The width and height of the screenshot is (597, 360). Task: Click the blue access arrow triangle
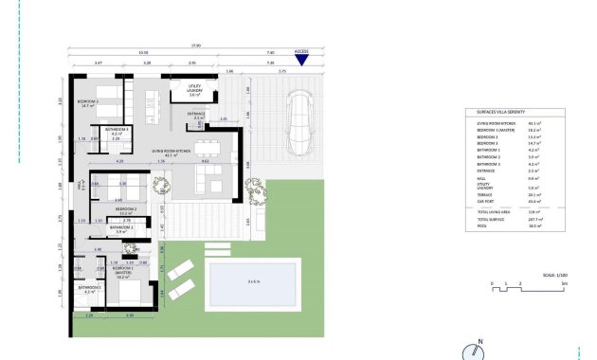click(x=301, y=61)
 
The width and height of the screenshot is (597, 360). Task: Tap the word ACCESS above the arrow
click(x=301, y=51)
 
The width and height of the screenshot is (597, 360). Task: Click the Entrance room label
click(x=196, y=115)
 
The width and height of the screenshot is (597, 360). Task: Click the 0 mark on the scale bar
click(x=493, y=283)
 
